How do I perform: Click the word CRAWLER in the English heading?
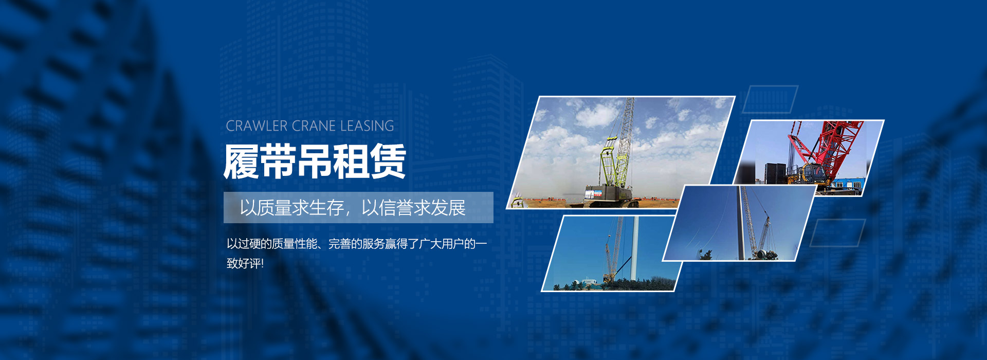click(x=257, y=126)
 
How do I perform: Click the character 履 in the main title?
click(x=241, y=161)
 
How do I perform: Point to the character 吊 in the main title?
click(x=315, y=161)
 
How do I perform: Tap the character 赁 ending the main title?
click(x=389, y=161)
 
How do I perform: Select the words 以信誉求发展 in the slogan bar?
click(x=414, y=208)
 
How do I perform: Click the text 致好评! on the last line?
click(x=245, y=263)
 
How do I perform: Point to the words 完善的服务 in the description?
click(x=357, y=244)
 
